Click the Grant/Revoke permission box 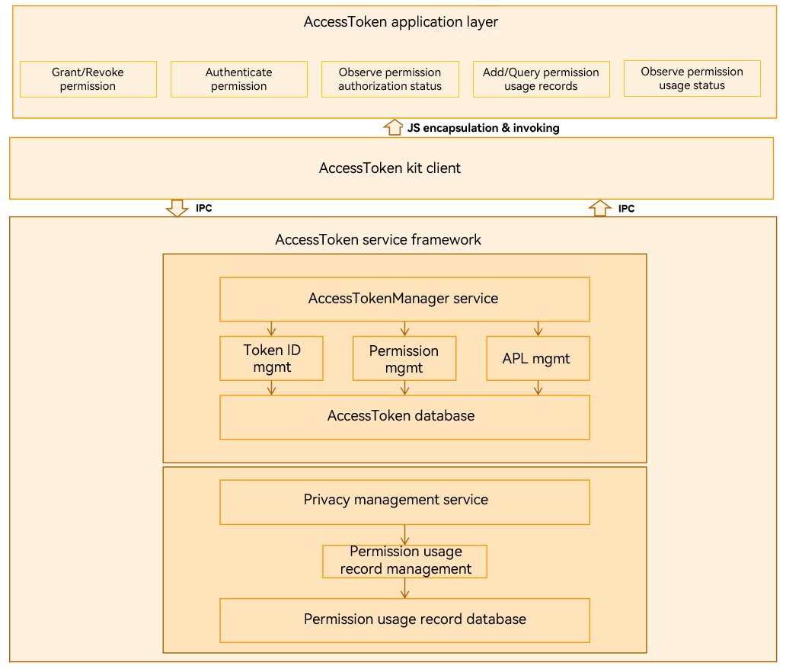88,79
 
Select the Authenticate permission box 239,79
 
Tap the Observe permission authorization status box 390,79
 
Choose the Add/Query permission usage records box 542,79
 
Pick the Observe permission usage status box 692,78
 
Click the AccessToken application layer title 401,22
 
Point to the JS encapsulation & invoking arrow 394,127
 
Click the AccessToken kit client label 390,168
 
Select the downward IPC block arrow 177,208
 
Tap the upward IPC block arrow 599,208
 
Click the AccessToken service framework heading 378,240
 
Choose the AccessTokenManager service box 404,299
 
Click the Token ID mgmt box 271,359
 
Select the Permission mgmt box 404,359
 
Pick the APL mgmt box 538,359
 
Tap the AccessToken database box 404,418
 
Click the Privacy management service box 404,503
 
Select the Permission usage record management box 404,562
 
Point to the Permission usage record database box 404,621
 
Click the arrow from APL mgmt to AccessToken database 538,388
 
